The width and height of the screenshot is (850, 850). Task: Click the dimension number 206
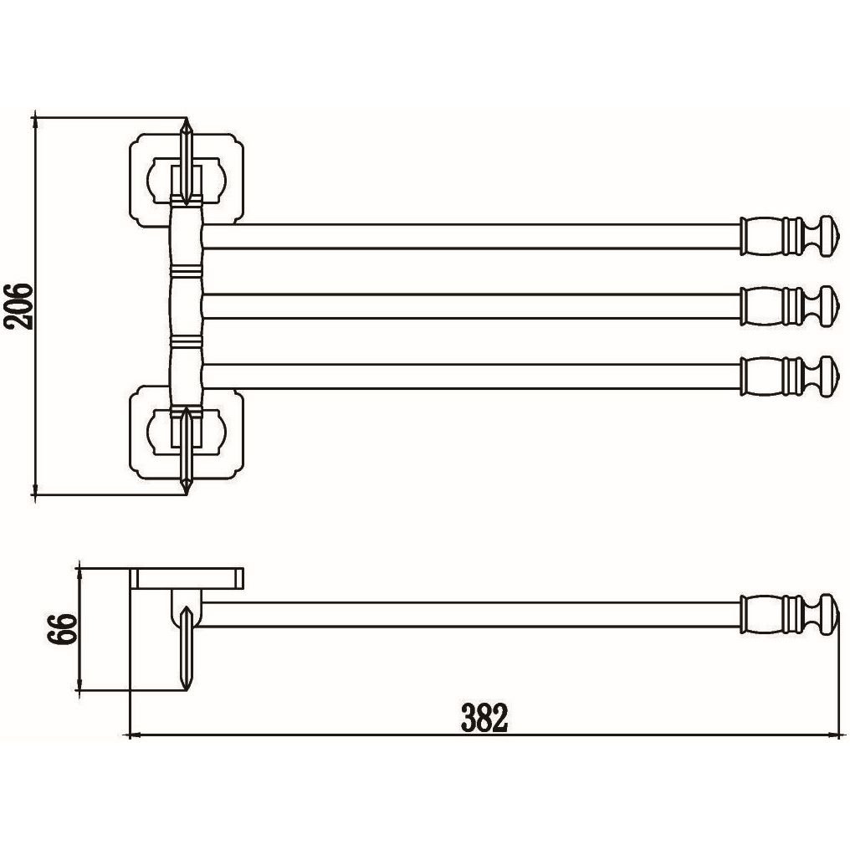point(19,305)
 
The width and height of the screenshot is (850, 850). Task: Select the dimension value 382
point(484,718)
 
